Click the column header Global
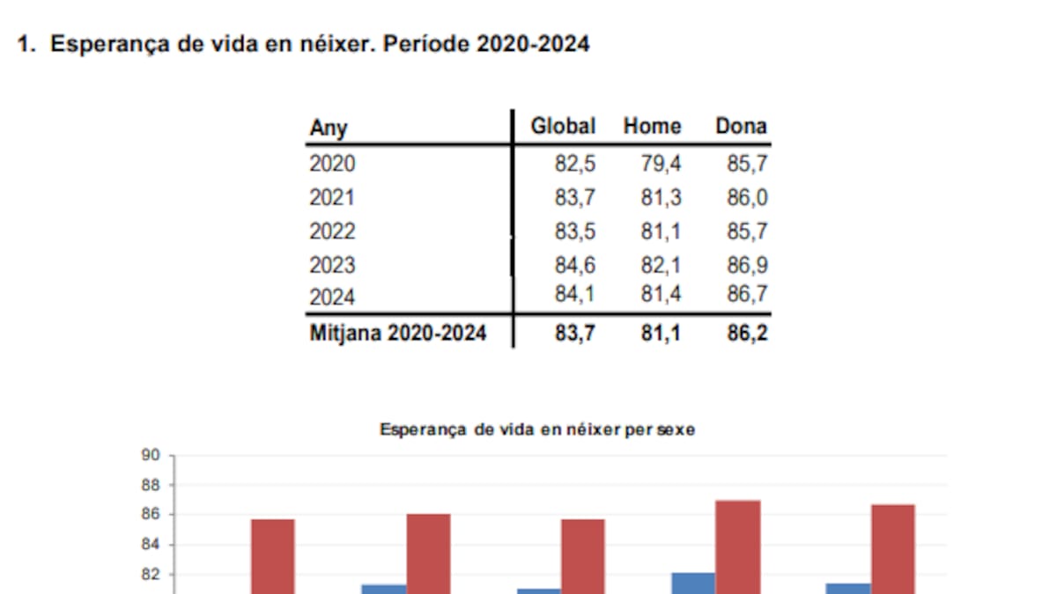click(563, 127)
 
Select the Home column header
click(652, 127)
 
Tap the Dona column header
click(741, 127)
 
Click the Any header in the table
click(329, 128)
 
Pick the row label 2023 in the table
click(332, 265)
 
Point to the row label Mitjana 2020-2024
click(398, 334)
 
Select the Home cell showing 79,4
click(661, 164)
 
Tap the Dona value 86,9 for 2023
click(747, 265)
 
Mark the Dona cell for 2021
click(747, 198)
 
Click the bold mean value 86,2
click(747, 334)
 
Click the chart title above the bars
click(537, 430)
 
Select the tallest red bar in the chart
click(737, 546)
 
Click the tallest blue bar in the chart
click(693, 583)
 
